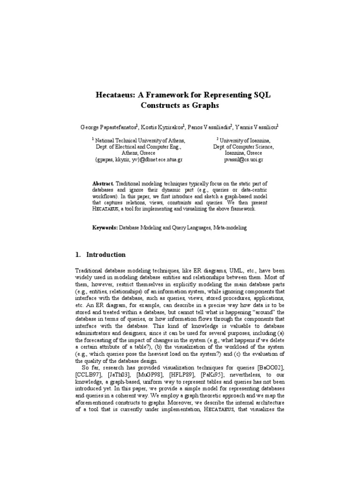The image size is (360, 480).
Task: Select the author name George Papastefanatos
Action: pos(108,127)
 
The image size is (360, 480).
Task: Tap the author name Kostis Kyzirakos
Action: pos(162,127)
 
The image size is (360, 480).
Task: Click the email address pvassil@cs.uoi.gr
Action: pos(243,160)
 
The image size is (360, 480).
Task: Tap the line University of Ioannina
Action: pos(244,140)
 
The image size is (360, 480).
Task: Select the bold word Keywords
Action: pos(104,227)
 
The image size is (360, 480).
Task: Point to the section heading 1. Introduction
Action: pos(100,255)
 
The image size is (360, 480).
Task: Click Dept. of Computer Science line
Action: pos(244,147)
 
